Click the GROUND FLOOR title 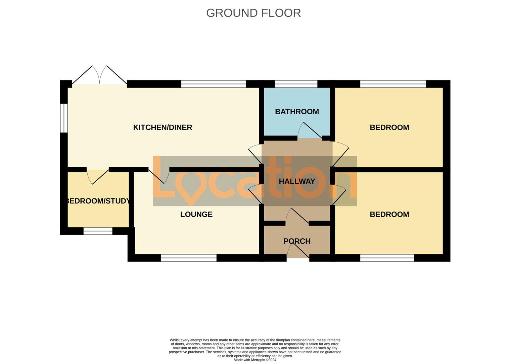[x=253, y=13]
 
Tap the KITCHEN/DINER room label [x=163, y=127]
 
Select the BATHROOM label [x=297, y=112]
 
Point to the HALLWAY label [x=297, y=181]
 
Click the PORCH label [x=297, y=241]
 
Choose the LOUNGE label [x=196, y=214]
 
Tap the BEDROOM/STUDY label [x=98, y=201]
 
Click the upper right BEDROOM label [x=389, y=127]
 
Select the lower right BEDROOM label [x=389, y=214]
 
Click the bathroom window [x=296, y=84]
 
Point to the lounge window [x=188, y=258]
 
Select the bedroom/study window [x=98, y=231]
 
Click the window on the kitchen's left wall [x=63, y=118]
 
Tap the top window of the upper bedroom [x=393, y=84]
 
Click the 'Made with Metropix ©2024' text [x=255, y=360]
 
